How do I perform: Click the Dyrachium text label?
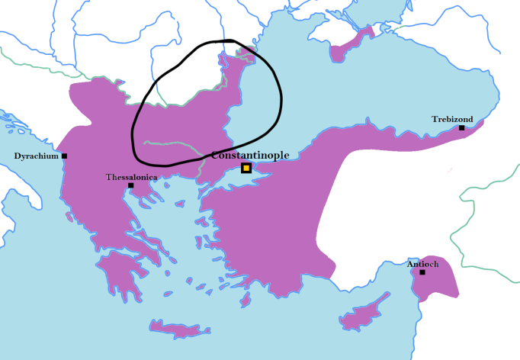click(x=36, y=156)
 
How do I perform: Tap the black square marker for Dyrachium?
click(x=64, y=156)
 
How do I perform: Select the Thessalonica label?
click(x=131, y=176)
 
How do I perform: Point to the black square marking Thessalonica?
click(x=130, y=185)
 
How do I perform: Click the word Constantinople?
click(x=250, y=155)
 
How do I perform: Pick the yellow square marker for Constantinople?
click(x=246, y=168)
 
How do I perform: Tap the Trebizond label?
click(x=452, y=119)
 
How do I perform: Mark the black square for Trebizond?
click(x=461, y=127)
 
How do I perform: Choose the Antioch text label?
click(x=422, y=264)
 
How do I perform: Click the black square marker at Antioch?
click(x=422, y=272)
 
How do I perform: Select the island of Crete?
click(x=179, y=329)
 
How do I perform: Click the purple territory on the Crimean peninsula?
click(x=347, y=49)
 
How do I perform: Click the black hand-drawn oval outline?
click(x=279, y=99)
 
